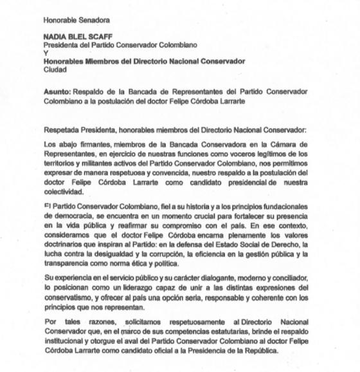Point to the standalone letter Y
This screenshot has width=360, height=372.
(44, 53)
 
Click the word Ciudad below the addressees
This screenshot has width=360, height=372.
(55, 69)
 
